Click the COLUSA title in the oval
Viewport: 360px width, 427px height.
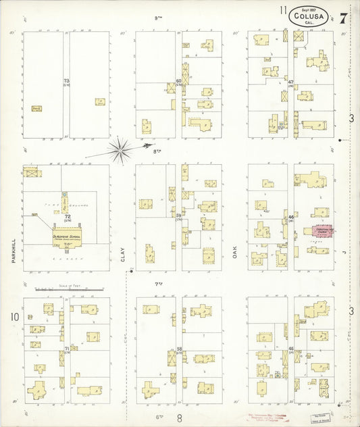311,16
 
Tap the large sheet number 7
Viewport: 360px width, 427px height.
344,18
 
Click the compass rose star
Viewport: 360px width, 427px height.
120,150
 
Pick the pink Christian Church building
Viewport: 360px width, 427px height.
322,231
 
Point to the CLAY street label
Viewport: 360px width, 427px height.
123,254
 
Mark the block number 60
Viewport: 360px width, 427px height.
179,81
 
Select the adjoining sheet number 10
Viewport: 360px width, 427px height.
14,317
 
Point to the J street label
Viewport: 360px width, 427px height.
344,253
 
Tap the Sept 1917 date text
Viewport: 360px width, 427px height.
311,9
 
